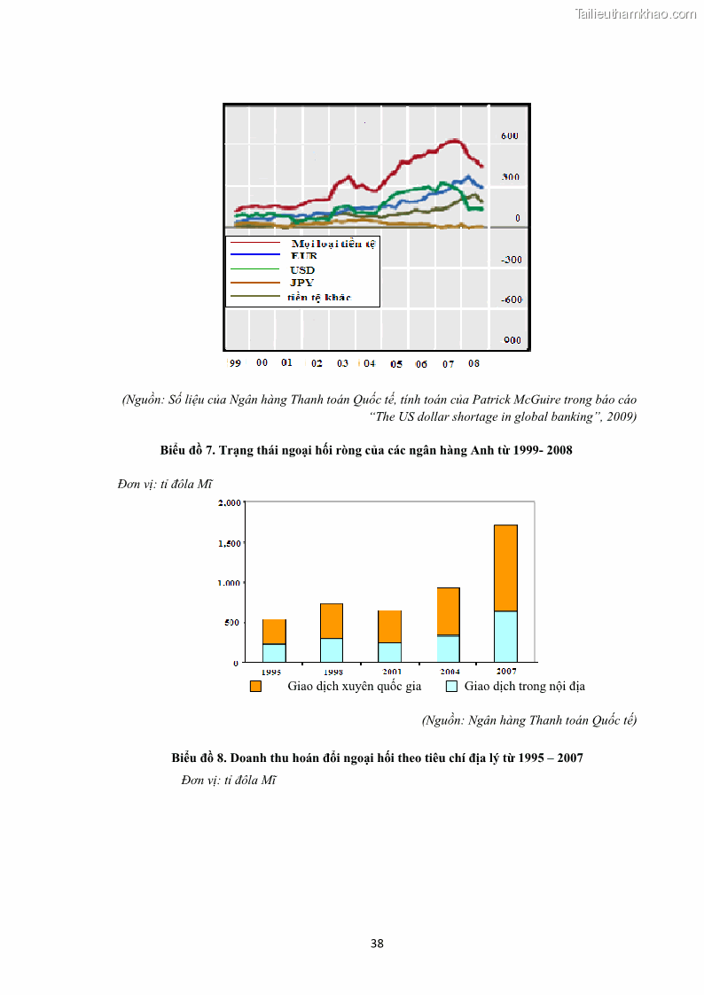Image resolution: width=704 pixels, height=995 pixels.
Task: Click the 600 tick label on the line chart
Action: tap(509, 136)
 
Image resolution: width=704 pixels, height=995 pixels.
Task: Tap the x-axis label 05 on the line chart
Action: tap(395, 364)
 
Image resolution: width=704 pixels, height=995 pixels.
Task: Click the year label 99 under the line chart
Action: tap(235, 363)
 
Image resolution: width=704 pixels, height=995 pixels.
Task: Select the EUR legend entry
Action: tap(303, 255)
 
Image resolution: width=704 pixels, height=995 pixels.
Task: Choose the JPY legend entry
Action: tap(302, 283)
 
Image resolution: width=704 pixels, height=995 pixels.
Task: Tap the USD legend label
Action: tap(302, 269)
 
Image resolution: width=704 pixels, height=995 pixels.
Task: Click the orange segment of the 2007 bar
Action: tap(505, 567)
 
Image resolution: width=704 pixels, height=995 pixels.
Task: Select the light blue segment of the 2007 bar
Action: tap(505, 636)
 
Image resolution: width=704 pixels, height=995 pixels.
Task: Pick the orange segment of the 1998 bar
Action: tap(332, 620)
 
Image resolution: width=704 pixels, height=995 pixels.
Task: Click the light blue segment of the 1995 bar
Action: tap(274, 652)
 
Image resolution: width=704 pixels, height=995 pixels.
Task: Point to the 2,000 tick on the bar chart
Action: tap(229, 502)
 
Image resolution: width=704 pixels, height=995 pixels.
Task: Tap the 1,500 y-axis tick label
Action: tap(229, 542)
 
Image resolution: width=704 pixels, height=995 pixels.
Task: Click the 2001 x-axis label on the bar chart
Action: tap(391, 672)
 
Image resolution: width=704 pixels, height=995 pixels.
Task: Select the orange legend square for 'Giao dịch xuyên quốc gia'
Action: tap(255, 687)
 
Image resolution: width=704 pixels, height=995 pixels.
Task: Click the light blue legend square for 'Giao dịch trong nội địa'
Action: tap(451, 687)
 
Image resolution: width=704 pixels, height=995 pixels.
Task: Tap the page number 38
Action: tap(377, 943)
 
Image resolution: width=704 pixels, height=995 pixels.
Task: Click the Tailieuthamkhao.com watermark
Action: tap(636, 13)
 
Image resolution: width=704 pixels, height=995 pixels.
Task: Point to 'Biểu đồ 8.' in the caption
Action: tap(199, 758)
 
